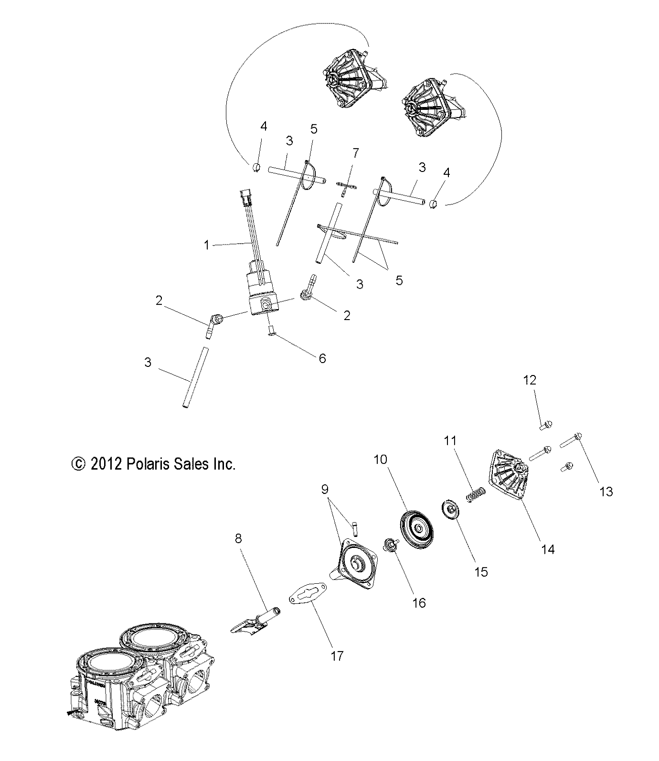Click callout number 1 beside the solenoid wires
pyautogui.click(x=206, y=246)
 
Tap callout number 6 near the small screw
pyautogui.click(x=322, y=359)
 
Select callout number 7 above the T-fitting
pyautogui.click(x=355, y=153)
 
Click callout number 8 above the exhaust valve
pyautogui.click(x=238, y=539)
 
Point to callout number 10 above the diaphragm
pyautogui.click(x=381, y=460)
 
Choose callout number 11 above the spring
pyautogui.click(x=450, y=441)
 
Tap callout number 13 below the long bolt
pyautogui.click(x=606, y=492)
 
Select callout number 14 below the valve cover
pyautogui.click(x=548, y=549)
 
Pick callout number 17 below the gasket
pyautogui.click(x=337, y=656)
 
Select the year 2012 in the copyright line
pyautogui.click(x=105, y=463)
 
